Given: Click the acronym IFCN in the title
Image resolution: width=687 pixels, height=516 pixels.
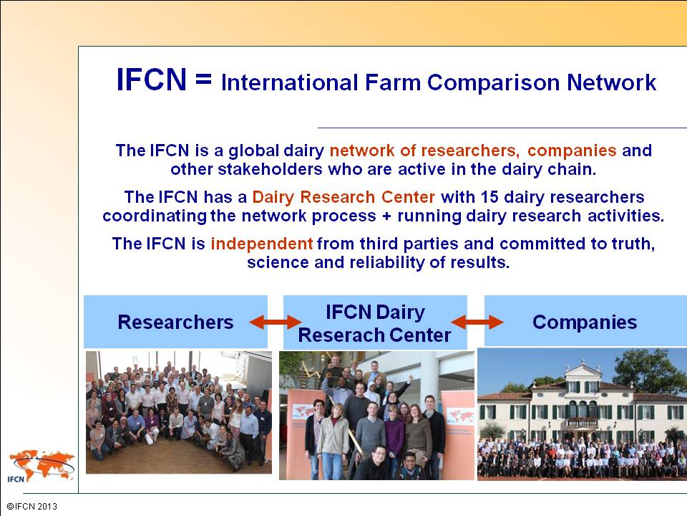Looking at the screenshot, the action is click(152, 80).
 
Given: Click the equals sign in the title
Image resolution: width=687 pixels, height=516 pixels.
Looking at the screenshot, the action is click(204, 80).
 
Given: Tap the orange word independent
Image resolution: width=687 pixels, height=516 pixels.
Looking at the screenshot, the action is click(262, 244).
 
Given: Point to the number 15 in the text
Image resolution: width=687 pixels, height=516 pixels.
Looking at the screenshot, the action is click(489, 197).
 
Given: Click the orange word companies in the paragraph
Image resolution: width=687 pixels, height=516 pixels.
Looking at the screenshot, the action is click(572, 150).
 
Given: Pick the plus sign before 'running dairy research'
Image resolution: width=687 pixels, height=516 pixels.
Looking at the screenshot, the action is click(386, 216).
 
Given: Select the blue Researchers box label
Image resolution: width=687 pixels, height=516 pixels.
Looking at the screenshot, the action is click(175, 322).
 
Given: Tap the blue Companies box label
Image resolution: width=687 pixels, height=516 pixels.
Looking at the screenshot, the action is click(585, 322).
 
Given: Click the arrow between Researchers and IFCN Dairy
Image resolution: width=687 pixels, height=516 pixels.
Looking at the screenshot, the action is click(275, 322).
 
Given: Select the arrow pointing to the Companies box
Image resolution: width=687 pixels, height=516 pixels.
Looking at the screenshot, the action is click(477, 322).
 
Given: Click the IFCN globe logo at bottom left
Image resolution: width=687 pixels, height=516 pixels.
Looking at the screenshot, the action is click(42, 466).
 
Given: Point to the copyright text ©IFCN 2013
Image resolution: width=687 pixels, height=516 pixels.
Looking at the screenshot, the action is click(32, 507).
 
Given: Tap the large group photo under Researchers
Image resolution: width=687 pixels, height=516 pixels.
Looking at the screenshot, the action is click(178, 412).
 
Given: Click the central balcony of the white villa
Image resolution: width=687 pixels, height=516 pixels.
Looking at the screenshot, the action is click(582, 423).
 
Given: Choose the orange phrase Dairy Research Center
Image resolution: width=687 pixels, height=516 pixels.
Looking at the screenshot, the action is click(343, 197).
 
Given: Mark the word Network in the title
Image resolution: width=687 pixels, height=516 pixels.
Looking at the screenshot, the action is click(612, 82).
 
